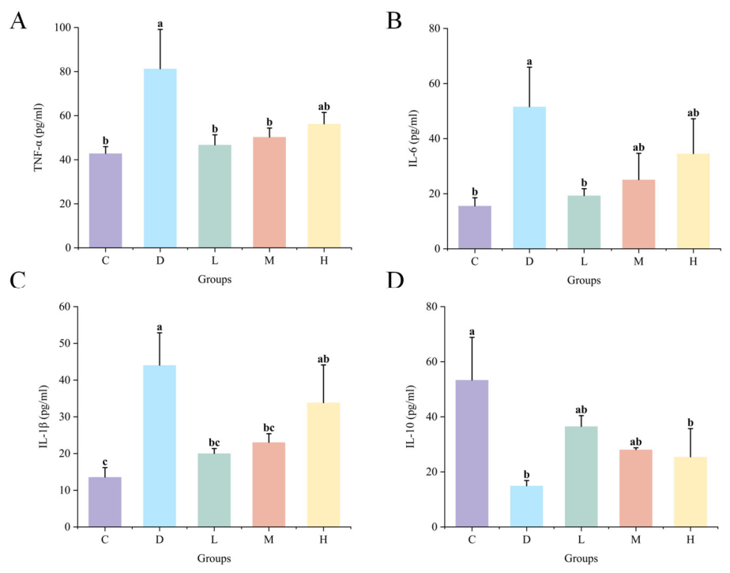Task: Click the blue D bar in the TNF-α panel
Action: (x=160, y=158)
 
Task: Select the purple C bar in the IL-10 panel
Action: (x=472, y=454)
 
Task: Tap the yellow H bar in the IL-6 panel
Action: (x=693, y=202)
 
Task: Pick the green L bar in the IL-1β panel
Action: (x=214, y=490)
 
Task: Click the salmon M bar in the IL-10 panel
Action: (x=636, y=488)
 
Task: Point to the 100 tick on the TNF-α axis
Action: (x=62, y=28)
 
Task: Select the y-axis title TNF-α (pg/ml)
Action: (x=39, y=137)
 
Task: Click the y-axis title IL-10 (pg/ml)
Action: (x=411, y=417)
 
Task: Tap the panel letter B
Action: (x=394, y=21)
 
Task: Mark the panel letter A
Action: (x=18, y=21)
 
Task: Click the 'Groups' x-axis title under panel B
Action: (x=584, y=281)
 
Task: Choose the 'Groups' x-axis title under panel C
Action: (x=214, y=558)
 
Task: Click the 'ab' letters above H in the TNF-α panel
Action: (x=324, y=107)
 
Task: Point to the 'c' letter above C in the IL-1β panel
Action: (x=105, y=462)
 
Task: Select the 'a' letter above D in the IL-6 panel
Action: (x=529, y=62)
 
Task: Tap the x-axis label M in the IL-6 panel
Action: (x=638, y=262)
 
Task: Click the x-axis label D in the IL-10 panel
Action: (x=526, y=540)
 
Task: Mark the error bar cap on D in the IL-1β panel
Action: (x=160, y=333)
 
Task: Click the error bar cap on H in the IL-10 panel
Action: (x=690, y=428)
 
